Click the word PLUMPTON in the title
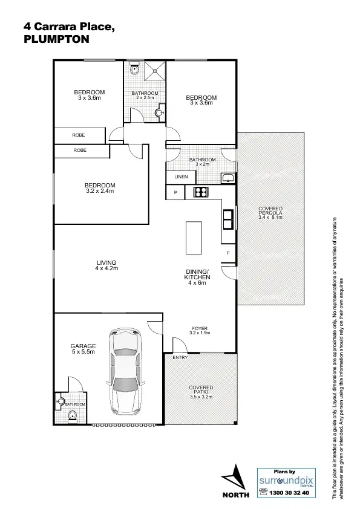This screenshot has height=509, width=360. click(56, 38)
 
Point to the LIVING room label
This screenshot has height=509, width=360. click(106, 262)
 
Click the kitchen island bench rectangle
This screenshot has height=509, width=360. click(194, 238)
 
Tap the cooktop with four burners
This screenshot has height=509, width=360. click(200, 192)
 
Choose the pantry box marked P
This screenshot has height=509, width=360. click(175, 192)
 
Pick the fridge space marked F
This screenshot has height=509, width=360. click(228, 252)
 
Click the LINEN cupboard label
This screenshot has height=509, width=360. click(181, 177)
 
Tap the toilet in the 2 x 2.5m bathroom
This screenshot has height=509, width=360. click(135, 71)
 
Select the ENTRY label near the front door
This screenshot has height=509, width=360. click(180, 358)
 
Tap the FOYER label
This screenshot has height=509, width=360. click(198, 328)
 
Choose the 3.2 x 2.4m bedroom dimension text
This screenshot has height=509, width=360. click(99, 190)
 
